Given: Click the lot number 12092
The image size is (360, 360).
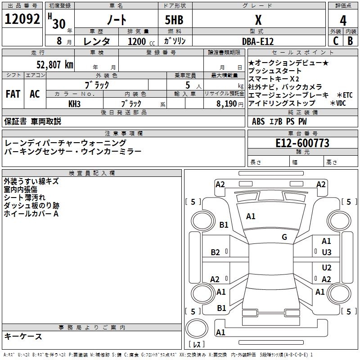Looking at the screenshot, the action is (22, 19).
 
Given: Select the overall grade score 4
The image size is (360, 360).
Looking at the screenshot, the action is (343, 21).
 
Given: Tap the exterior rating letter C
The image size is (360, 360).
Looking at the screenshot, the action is (336, 41).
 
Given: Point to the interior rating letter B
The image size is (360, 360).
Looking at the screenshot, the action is (350, 41).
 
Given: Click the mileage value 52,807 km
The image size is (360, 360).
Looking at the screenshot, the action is (55, 65).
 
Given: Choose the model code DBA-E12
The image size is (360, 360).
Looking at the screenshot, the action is (258, 41).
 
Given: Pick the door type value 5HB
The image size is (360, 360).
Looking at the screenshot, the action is (174, 20).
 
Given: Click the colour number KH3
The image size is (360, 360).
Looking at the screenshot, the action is (74, 104).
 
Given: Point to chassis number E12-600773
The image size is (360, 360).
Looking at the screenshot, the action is (302, 143).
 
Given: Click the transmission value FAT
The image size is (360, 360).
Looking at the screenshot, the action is (13, 94).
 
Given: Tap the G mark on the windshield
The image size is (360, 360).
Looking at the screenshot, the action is (284, 237).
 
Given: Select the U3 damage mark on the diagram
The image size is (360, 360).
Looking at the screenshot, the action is (327, 252).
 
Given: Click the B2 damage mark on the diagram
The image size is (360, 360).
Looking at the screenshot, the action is (215, 252).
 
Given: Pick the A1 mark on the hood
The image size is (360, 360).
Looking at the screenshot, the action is (251, 216).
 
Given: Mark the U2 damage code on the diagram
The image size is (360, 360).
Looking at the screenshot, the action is (327, 268).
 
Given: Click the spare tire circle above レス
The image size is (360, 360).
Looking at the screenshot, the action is (197, 328).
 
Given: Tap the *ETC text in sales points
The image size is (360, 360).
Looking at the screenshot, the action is (344, 95).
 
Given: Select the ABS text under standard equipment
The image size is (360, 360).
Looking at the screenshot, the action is (258, 121).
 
